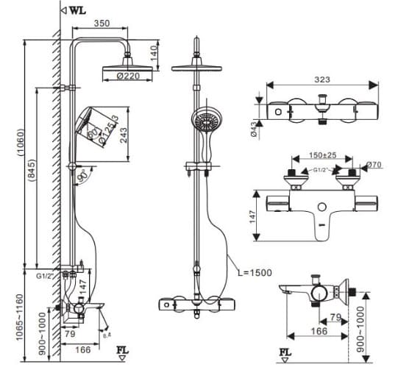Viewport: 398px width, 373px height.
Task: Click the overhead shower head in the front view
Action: tap(196, 68)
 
